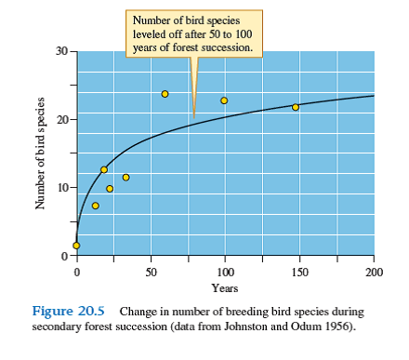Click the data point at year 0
(76, 246)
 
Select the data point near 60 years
(165, 94)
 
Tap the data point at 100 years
(224, 100)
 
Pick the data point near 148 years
(296, 107)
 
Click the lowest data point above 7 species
(95, 206)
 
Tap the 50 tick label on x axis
(151, 272)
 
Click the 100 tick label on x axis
(225, 272)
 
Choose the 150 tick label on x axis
(299, 272)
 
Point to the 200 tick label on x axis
(374, 272)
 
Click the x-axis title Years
(225, 288)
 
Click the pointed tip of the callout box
(193, 117)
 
